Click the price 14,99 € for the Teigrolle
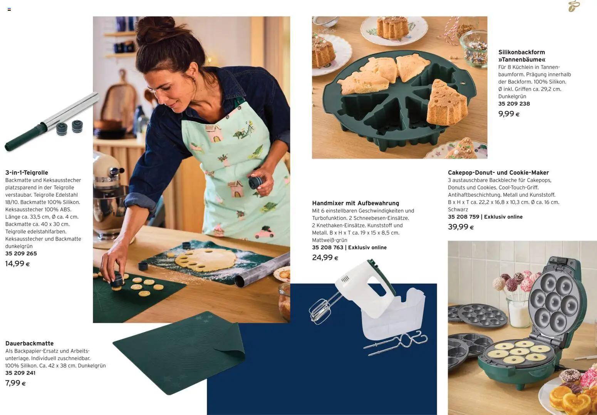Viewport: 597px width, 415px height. point(17,264)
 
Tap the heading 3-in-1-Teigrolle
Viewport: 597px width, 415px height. point(27,172)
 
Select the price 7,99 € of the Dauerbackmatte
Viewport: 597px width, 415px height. point(15,383)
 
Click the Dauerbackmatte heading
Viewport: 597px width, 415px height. point(29,343)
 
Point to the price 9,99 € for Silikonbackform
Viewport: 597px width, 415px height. point(509,114)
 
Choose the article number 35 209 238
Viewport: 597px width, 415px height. point(514,104)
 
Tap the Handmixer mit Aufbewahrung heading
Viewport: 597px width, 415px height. point(356,203)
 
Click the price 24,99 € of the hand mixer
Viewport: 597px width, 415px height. point(325,258)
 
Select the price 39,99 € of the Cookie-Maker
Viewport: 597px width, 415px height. point(461,227)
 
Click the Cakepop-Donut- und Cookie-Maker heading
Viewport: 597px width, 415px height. point(498,172)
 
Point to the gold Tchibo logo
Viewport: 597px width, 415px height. point(574,7)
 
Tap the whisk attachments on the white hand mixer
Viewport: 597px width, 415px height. point(321,310)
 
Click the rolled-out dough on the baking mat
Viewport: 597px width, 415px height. point(205,260)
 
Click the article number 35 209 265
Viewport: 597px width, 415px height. point(21,254)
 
